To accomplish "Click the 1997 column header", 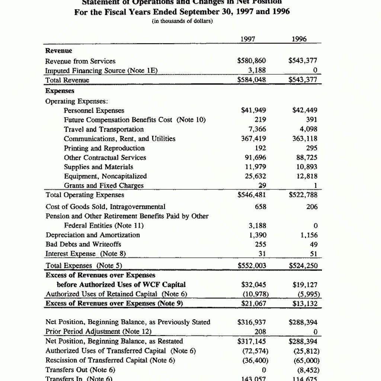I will pos(248,39).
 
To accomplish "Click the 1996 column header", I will pos(300,39).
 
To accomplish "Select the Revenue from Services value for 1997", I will pos(252,61).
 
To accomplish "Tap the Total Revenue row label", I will pos(67,80).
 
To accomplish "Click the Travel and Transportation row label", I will pos(104,129).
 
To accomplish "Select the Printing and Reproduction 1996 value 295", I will pos(312,148).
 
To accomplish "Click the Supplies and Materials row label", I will pos(99,167).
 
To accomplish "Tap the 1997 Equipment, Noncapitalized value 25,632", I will pos(255,176).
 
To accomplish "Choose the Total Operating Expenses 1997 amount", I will pos(252,195).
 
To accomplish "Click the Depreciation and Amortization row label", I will pos(93,235).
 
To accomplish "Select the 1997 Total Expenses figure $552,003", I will pos(252,266).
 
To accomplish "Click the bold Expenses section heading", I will pos(60,91).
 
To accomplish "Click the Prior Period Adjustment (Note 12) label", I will pos(99,332).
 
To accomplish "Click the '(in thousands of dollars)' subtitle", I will pos(182,21).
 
